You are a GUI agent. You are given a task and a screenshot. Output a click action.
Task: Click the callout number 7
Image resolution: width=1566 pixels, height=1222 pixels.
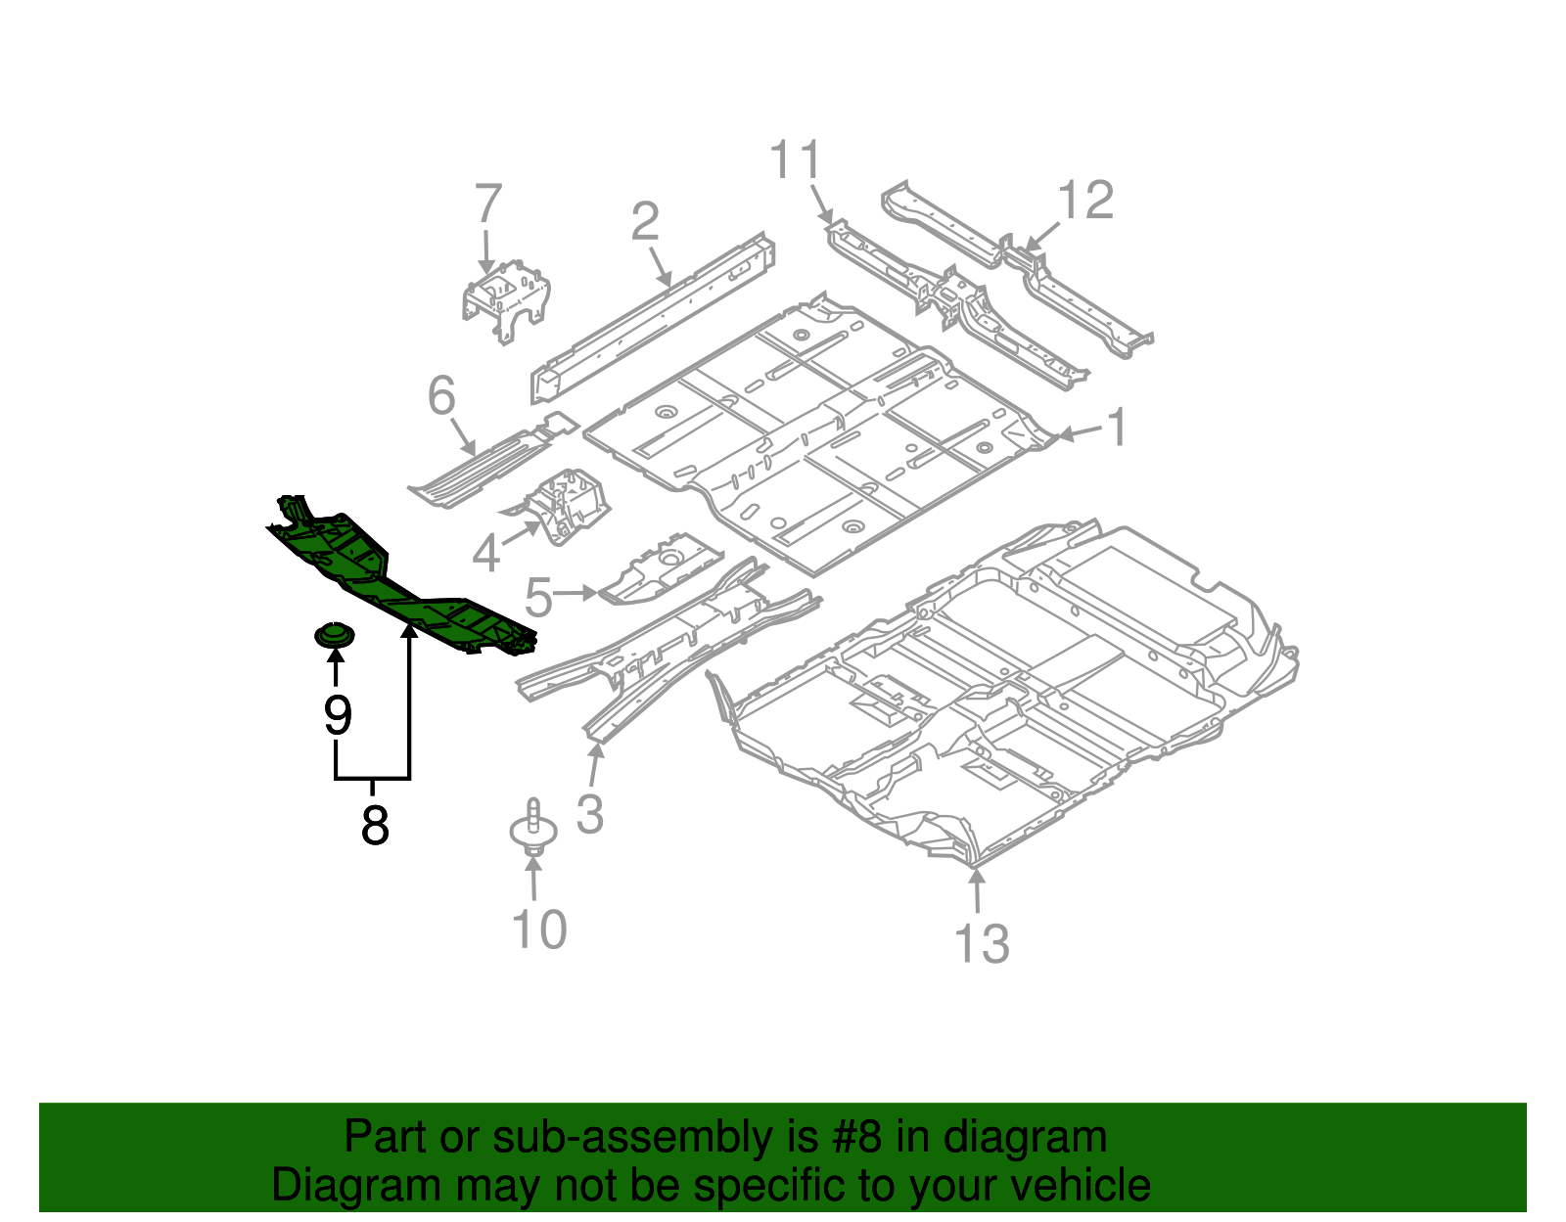click(487, 204)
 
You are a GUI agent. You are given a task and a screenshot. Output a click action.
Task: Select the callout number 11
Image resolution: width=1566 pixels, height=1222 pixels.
click(796, 159)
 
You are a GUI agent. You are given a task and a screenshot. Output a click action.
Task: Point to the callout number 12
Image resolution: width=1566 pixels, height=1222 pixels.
click(1086, 200)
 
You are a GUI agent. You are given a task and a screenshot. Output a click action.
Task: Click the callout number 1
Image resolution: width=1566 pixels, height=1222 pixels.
click(1117, 427)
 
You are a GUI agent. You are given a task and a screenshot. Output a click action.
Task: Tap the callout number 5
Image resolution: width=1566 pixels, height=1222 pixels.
click(539, 597)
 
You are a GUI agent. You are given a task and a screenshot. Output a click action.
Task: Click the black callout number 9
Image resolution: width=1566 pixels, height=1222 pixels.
click(338, 714)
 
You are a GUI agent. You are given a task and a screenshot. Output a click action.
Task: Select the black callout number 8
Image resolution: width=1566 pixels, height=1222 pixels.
click(375, 825)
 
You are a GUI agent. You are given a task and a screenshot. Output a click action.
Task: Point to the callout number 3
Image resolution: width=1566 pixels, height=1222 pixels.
click(589, 814)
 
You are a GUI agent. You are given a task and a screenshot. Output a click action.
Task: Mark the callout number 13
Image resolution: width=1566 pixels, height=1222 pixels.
click(982, 943)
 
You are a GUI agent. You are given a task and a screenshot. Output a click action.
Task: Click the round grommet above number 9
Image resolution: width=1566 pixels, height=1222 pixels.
click(335, 636)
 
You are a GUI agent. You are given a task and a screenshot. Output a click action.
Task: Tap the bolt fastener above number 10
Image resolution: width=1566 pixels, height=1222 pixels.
click(533, 828)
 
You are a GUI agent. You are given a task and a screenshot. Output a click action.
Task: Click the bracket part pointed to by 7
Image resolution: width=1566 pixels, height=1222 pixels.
click(505, 300)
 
